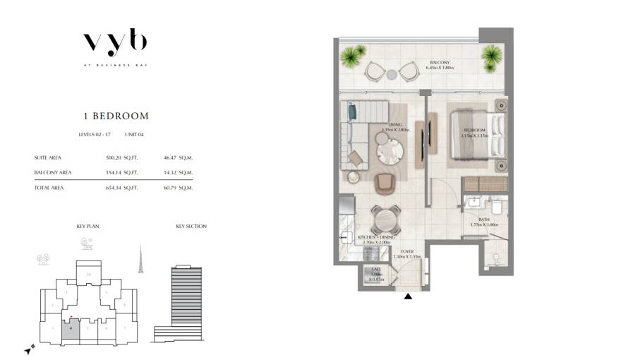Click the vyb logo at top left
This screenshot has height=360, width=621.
114,44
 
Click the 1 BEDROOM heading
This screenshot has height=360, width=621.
114,116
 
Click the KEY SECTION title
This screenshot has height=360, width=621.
191,227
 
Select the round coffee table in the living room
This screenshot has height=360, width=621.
388,150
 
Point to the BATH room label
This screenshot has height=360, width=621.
483,220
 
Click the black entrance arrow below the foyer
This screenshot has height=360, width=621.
408,296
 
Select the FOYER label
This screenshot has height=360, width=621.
406,251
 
